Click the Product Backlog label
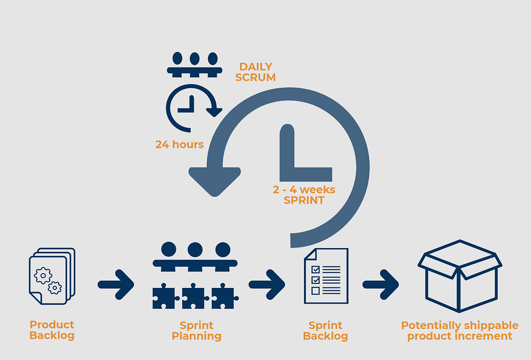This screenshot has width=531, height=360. pyautogui.click(x=52, y=330)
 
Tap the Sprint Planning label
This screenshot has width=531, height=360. pyautogui.click(x=197, y=330)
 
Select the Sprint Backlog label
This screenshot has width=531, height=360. pyautogui.click(x=325, y=330)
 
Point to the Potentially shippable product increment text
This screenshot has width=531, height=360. pyautogui.click(x=459, y=330)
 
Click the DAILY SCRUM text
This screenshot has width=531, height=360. pyautogui.click(x=256, y=72)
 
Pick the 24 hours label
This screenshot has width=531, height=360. pyautogui.click(x=179, y=144)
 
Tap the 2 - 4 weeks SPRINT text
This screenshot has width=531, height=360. pyautogui.click(x=304, y=195)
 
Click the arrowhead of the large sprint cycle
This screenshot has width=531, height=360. pyautogui.click(x=215, y=181)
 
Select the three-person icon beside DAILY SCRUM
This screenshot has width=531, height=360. pyautogui.click(x=194, y=64)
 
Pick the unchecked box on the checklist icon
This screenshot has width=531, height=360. pyautogui.click(x=315, y=290)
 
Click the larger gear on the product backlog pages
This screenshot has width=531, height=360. pyautogui.click(x=43, y=274)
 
